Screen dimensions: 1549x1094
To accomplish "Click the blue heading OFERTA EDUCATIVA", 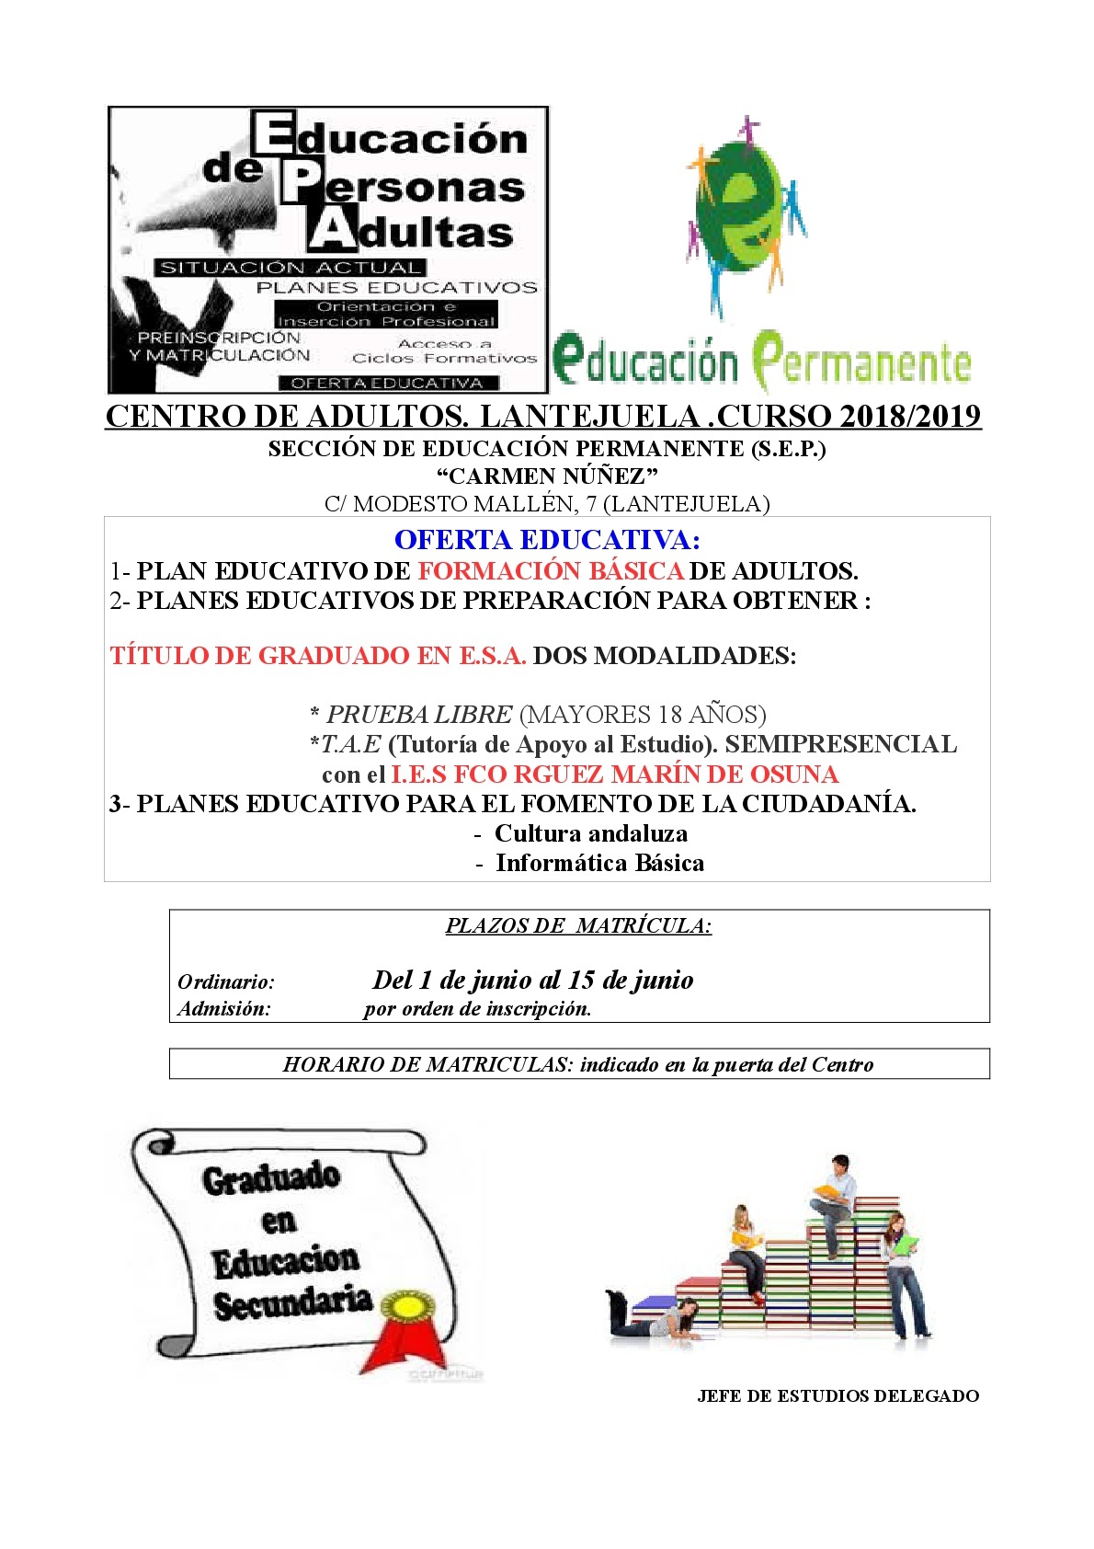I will pos(547,540).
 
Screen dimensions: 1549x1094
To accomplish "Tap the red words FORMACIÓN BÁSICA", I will pos(550,571).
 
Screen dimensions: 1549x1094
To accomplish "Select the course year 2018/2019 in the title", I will pos(910,417).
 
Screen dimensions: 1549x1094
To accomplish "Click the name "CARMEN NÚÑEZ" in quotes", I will pos(547,476).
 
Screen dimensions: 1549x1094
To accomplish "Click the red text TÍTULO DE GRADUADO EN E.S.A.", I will pos(318,656).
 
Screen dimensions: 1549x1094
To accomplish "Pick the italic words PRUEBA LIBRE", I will pos(419,715).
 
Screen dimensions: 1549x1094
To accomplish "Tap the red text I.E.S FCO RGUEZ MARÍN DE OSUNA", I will pos(615,774).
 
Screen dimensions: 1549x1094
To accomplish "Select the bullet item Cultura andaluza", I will pos(591,834).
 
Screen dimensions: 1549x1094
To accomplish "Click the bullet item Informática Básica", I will pos(599,864).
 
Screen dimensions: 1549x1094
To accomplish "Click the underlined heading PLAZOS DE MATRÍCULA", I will pos(578,926).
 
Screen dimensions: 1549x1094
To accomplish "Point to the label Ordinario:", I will pos(226,982).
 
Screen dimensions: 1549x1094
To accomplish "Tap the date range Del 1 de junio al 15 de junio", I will pos(532,981).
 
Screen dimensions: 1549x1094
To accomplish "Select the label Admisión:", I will pos(224,1009).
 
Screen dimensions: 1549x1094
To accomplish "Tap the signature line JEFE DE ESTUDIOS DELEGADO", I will pos(838,1396).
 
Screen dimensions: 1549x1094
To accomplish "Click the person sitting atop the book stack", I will pos(834,1200).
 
